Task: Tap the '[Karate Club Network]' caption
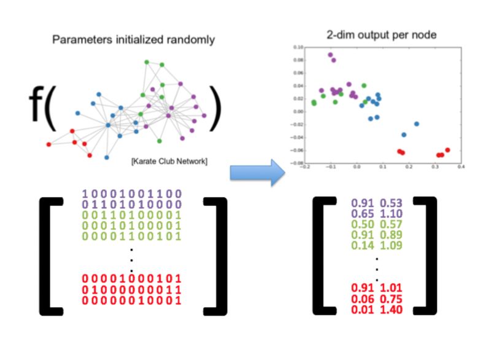point(169,162)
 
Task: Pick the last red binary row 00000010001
point(131,300)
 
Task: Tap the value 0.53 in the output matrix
point(392,202)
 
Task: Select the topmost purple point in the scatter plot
point(330,55)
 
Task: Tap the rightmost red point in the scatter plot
point(447,150)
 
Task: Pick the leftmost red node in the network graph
point(49,144)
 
